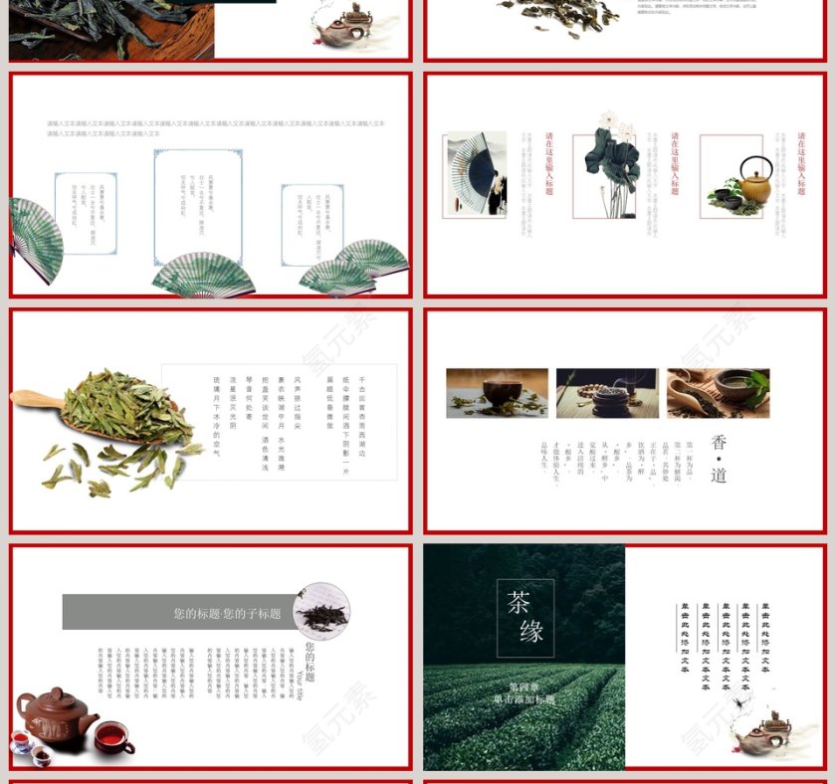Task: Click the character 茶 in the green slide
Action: pyautogui.click(x=519, y=602)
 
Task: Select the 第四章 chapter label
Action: pyautogui.click(x=524, y=686)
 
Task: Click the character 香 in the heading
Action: pyautogui.click(x=719, y=443)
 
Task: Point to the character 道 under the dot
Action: pyautogui.click(x=719, y=475)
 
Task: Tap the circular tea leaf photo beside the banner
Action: pyautogui.click(x=320, y=611)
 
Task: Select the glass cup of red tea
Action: pyautogui.click(x=111, y=737)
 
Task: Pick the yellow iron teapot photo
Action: pyautogui.click(x=731, y=177)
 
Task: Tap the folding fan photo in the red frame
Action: pyautogui.click(x=475, y=175)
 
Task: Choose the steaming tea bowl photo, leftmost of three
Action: pyautogui.click(x=497, y=393)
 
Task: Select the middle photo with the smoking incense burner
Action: pyautogui.click(x=606, y=393)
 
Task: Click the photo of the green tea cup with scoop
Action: pyautogui.click(x=717, y=393)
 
